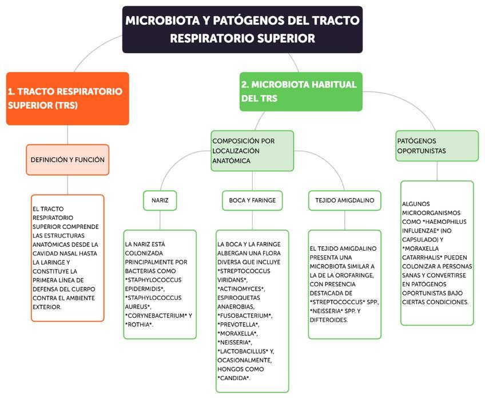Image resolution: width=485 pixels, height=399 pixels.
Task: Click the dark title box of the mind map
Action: (242, 29)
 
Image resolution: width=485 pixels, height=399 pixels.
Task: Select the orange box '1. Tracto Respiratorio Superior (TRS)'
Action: (67, 98)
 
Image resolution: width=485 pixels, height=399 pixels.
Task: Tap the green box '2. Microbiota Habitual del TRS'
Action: (301, 92)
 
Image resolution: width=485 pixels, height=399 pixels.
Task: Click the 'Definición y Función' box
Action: (67, 160)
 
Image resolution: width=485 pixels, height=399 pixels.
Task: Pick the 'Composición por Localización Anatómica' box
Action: (252, 151)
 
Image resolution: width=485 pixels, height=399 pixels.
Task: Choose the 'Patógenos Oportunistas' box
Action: (437, 146)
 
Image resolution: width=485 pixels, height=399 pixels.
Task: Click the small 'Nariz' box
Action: (160, 200)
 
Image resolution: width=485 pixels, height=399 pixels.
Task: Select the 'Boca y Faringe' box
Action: (252, 200)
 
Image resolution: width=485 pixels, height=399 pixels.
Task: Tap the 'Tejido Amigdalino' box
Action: (344, 200)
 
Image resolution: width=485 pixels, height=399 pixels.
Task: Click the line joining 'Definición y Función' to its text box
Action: (67, 185)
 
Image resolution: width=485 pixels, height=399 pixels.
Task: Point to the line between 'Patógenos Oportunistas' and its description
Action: (437, 171)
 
